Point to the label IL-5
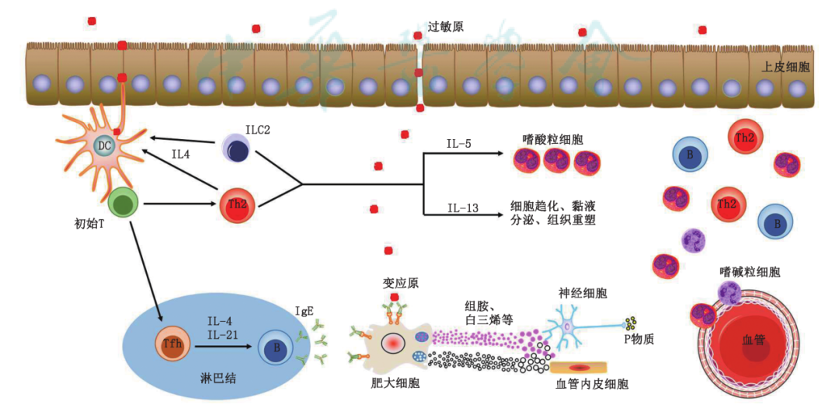click(458, 144)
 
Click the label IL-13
click(461, 207)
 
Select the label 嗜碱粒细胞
click(750, 272)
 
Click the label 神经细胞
click(583, 293)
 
